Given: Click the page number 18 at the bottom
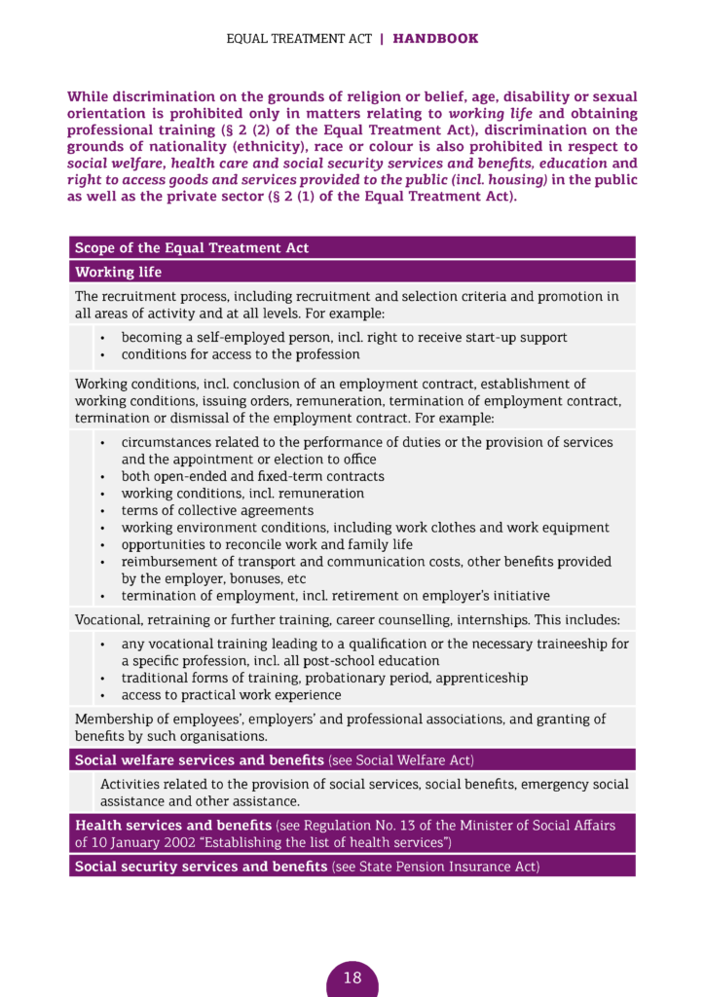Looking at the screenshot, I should coord(352,978).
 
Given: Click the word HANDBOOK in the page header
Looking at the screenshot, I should coord(435,39).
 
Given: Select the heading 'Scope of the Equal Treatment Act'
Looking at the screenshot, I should coord(192,248).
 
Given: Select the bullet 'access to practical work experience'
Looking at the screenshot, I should coord(231,695).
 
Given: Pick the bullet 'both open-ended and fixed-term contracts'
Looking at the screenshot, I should coord(252,476).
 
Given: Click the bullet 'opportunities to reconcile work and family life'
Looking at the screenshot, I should coord(267,544).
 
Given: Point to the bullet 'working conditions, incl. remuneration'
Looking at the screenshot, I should coord(242,494).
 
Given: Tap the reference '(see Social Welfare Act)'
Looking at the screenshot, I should coord(401,759).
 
